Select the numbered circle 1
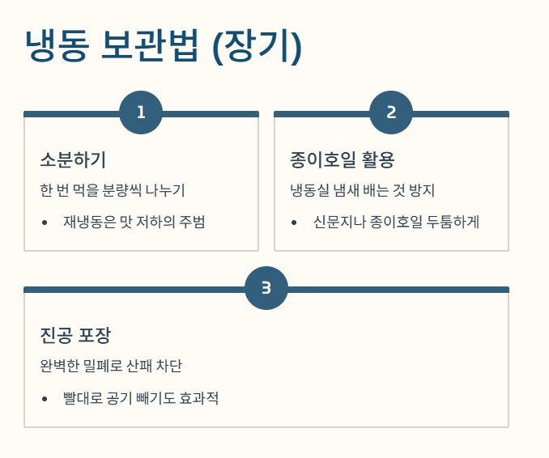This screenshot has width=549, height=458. pyautogui.click(x=141, y=112)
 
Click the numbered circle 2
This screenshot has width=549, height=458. pyautogui.click(x=391, y=112)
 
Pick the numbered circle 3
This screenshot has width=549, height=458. pyautogui.click(x=266, y=288)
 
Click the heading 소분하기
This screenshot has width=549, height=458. pyautogui.click(x=73, y=159)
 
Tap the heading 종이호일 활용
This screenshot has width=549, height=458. pyautogui.click(x=342, y=159)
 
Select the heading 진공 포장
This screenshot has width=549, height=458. pyautogui.click(x=75, y=335)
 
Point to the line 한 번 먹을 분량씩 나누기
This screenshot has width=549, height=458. pyautogui.click(x=112, y=191)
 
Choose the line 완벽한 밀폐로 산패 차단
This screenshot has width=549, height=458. pyautogui.click(x=117, y=366)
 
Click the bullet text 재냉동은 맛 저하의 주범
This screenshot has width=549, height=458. pyautogui.click(x=134, y=222)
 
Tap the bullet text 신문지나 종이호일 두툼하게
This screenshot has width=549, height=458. pyautogui.click(x=396, y=222)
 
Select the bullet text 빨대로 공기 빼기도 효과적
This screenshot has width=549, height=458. pyautogui.click(x=141, y=398)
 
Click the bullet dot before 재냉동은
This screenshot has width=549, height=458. pyautogui.click(x=45, y=223)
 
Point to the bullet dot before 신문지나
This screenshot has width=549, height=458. pyautogui.click(x=295, y=223)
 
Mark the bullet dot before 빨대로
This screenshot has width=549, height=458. pyautogui.click(x=45, y=398)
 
